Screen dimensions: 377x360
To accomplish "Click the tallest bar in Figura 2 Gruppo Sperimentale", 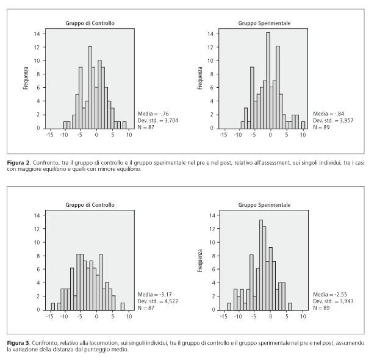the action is click(x=268, y=81).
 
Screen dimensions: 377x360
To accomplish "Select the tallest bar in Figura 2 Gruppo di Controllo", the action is click(x=90, y=87).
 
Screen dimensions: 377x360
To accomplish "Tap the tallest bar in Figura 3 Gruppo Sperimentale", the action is click(x=261, y=265).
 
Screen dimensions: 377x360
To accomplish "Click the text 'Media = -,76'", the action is click(x=153, y=113).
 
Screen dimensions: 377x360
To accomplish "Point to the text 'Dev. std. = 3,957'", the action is click(x=333, y=120).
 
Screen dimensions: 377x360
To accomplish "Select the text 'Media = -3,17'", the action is click(x=154, y=295).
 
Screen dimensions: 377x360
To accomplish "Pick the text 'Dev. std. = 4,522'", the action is click(x=158, y=301).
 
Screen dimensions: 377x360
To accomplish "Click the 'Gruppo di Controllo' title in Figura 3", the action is click(x=90, y=205).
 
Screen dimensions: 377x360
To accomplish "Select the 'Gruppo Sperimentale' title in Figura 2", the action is click(x=264, y=23).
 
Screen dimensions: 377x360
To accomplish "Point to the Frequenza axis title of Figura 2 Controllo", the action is click(x=26, y=78).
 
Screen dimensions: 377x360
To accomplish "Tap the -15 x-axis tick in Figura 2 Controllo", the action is click(x=49, y=135).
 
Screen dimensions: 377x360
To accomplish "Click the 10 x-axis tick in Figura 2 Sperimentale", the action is click(x=303, y=135).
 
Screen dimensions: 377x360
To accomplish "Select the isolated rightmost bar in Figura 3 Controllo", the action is click(x=123, y=306).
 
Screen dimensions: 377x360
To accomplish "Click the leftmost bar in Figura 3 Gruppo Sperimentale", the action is click(x=229, y=306).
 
